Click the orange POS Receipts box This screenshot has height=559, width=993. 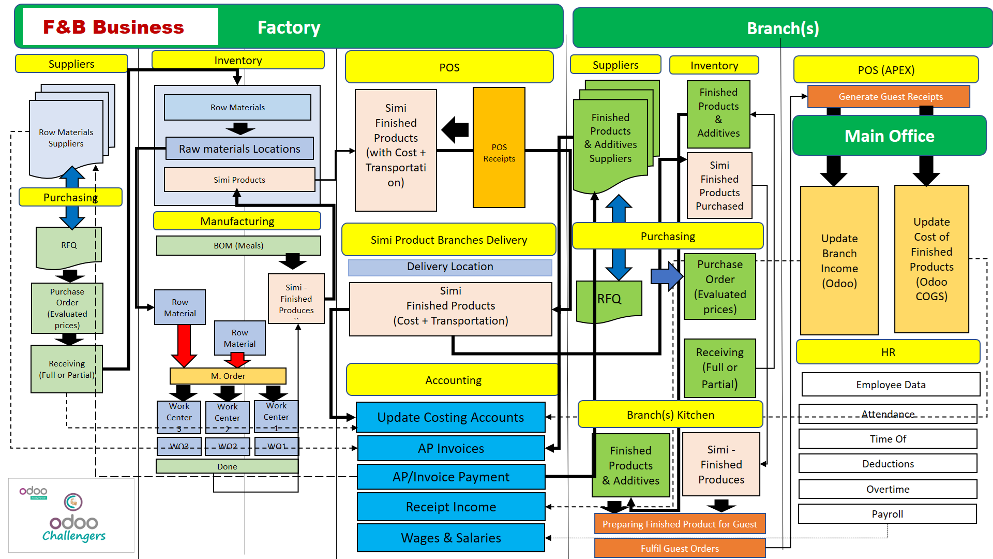click(x=499, y=148)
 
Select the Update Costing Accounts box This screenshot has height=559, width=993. click(x=450, y=417)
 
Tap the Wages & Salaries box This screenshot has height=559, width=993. click(x=450, y=538)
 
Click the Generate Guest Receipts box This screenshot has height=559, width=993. click(x=890, y=97)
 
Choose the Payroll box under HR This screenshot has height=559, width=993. click(x=887, y=514)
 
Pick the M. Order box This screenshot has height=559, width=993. click(x=228, y=376)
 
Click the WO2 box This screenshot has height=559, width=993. click(x=228, y=446)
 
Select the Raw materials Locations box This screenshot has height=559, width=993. click(x=239, y=149)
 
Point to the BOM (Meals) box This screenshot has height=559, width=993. click(x=238, y=245)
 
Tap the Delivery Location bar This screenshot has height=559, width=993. click(x=449, y=267)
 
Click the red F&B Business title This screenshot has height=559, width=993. click(x=114, y=27)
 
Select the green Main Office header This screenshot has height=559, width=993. click(x=889, y=136)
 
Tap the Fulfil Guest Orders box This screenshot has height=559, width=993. click(x=679, y=548)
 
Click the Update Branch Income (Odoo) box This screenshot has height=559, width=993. click(x=839, y=261)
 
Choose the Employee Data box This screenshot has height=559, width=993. click(x=890, y=385)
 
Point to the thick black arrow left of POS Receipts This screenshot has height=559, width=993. click(x=455, y=129)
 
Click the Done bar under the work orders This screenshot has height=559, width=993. click(x=227, y=466)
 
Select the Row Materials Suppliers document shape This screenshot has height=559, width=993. click(x=66, y=138)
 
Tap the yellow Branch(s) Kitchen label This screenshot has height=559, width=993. click(x=670, y=415)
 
